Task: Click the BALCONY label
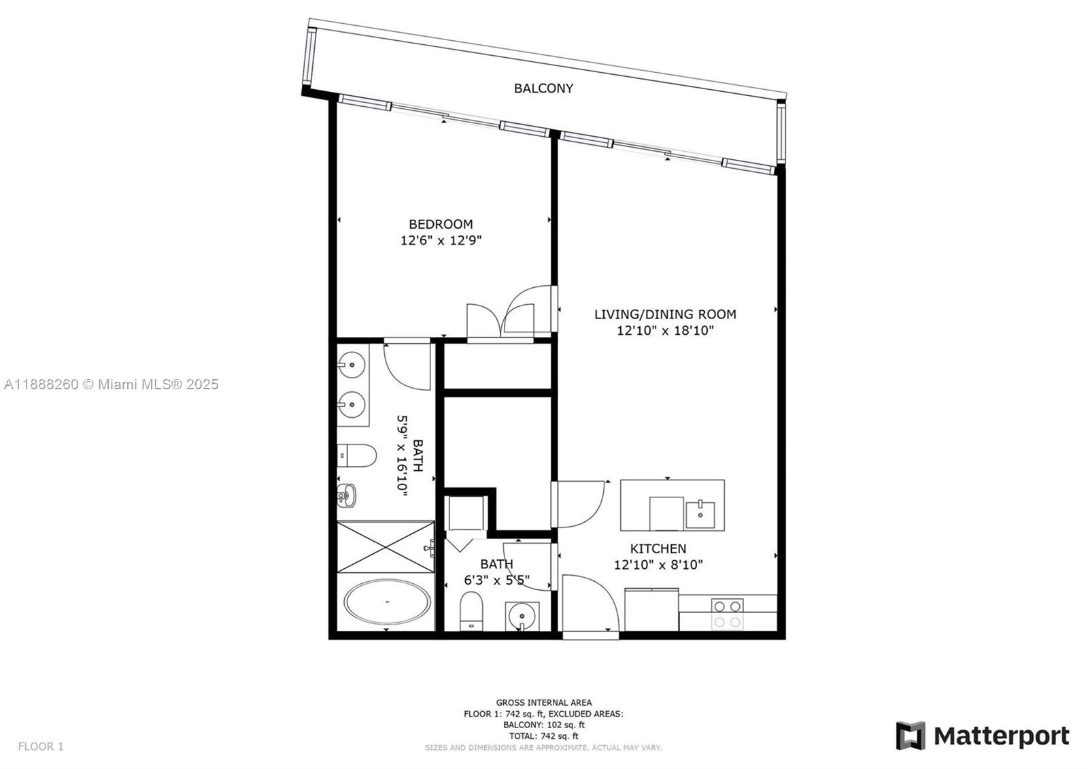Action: click(x=543, y=88)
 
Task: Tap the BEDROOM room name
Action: click(x=441, y=224)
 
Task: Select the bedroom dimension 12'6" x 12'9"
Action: click(x=441, y=240)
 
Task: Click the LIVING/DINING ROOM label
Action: click(x=665, y=314)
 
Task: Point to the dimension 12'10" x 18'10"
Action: click(x=665, y=331)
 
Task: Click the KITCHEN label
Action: click(x=658, y=549)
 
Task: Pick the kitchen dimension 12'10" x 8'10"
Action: click(x=658, y=564)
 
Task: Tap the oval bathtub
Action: click(x=387, y=602)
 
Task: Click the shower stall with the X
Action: click(x=386, y=547)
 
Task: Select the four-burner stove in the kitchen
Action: click(x=727, y=615)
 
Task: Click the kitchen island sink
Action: click(x=700, y=515)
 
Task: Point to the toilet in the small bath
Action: click(x=471, y=611)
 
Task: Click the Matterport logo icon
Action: click(x=911, y=736)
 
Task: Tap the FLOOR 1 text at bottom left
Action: click(x=41, y=746)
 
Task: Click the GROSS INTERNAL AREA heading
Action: click(x=543, y=702)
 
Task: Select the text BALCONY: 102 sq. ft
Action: click(x=543, y=725)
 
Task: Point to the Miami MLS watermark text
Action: click(x=112, y=384)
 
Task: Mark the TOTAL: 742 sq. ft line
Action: click(x=543, y=736)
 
